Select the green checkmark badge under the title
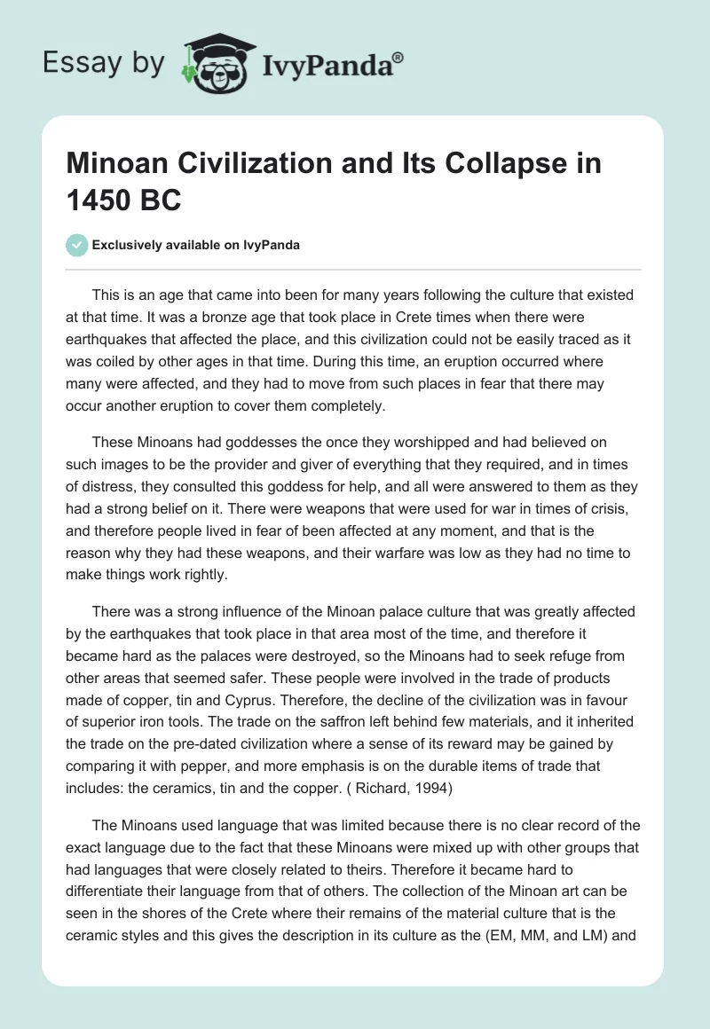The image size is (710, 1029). [76, 245]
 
